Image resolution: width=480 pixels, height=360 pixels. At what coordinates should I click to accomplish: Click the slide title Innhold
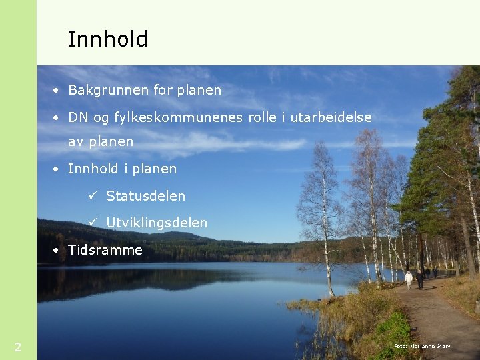107,39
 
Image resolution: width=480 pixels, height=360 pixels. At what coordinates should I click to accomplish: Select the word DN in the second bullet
79,117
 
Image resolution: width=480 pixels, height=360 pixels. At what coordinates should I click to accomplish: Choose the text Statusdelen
145,196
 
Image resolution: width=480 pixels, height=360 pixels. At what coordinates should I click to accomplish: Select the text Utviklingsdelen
157,223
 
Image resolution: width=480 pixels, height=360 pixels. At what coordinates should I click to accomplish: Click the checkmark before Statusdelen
93,196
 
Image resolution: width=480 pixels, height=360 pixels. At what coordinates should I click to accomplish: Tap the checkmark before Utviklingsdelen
93,223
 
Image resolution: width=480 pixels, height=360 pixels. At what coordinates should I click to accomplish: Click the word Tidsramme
105,250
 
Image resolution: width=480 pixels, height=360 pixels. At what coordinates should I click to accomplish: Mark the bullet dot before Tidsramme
58,251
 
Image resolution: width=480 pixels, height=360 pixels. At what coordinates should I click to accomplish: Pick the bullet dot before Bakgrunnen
58,91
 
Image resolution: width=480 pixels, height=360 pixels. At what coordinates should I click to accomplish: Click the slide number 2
18,347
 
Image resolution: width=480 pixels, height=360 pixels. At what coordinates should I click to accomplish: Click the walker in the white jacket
408,279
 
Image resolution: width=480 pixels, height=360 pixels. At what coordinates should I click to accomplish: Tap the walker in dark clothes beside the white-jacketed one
419,278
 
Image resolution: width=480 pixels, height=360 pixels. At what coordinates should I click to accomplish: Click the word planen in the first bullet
199,90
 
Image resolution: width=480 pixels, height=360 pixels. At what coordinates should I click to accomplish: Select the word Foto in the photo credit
400,347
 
